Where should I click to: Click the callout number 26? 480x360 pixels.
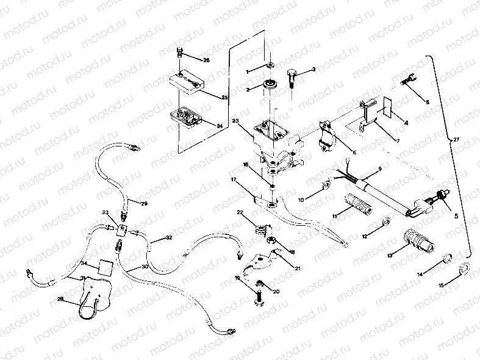(206, 60)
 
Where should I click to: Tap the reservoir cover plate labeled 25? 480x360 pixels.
(186, 81)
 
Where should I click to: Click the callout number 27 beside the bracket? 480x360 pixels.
(457, 140)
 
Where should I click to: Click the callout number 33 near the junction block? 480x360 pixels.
(105, 212)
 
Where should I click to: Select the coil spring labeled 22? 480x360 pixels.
(260, 230)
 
